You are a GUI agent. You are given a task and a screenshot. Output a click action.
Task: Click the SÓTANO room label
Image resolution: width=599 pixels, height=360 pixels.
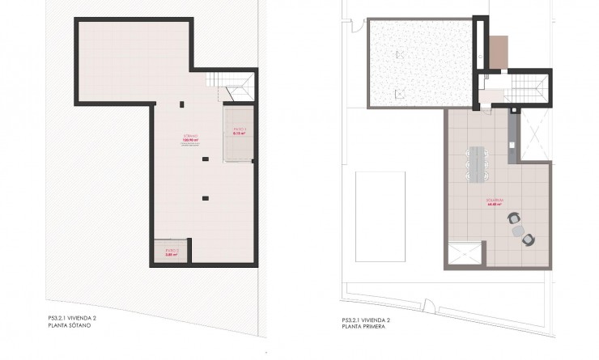pyautogui.click(x=192, y=136)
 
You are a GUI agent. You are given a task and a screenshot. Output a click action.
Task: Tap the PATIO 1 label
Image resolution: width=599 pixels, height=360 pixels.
pyautogui.click(x=239, y=129)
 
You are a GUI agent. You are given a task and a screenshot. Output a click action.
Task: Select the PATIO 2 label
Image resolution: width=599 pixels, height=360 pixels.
pyautogui.click(x=171, y=250)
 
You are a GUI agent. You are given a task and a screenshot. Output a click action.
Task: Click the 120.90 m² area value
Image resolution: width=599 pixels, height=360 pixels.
pyautogui.click(x=192, y=140)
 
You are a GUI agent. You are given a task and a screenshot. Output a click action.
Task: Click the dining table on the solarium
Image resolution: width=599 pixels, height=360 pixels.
pyautogui.click(x=478, y=161)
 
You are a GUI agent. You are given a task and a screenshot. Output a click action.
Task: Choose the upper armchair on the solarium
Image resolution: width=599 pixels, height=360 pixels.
pyautogui.click(x=512, y=218)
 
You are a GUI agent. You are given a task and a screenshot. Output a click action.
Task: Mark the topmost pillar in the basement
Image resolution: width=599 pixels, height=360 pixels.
pyautogui.click(x=181, y=104)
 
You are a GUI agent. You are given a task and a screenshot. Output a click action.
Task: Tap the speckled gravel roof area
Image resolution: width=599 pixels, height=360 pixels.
pyautogui.click(x=418, y=61)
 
